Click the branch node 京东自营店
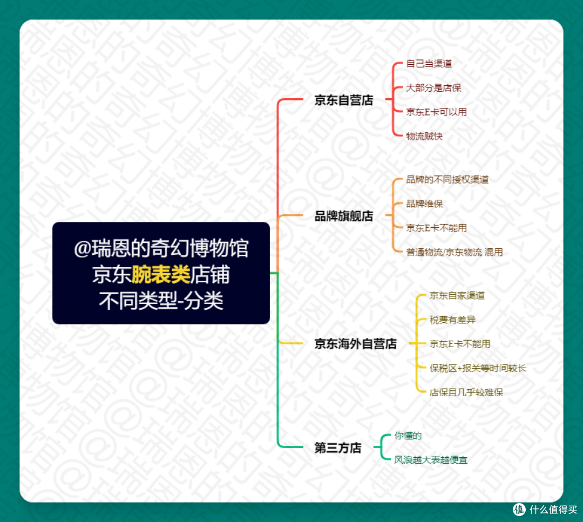coord(344,100)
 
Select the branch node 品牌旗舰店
coord(344,216)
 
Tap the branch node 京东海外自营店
coord(355,344)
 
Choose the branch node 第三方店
coord(338,448)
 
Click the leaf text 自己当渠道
coord(429,64)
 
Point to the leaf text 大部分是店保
coord(433,88)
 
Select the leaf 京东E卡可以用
coord(436,112)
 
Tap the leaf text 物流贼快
coord(424,137)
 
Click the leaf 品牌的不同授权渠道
coord(447,180)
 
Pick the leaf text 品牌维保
coord(424,204)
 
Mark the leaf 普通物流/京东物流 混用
coord(454,252)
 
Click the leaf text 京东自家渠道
coord(457,296)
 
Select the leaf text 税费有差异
coord(452,320)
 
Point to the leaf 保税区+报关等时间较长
coord(478,369)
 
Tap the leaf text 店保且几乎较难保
coord(466,393)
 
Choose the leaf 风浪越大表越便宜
coord(431,460)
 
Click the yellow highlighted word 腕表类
coord(161,275)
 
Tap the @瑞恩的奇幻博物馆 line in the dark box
coord(161,249)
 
